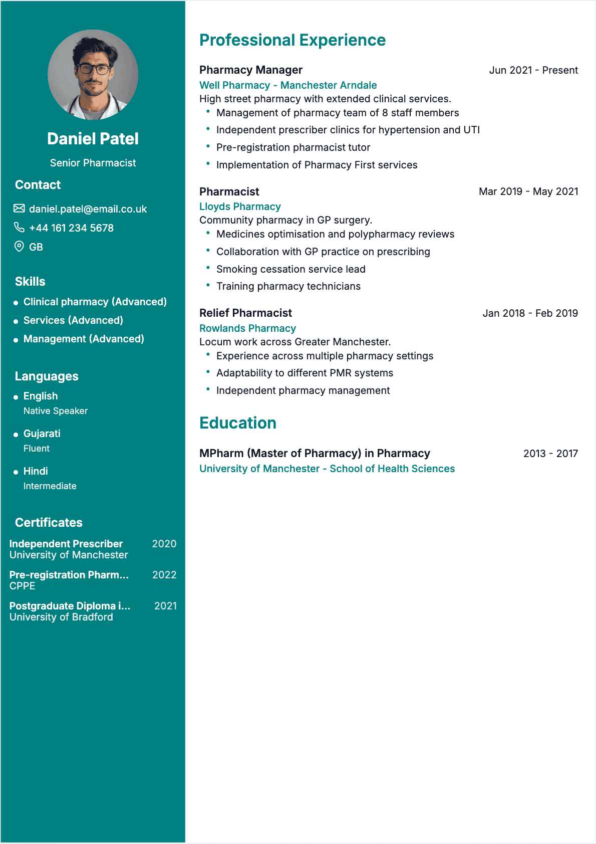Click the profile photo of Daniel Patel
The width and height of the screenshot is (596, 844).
pyautogui.click(x=93, y=75)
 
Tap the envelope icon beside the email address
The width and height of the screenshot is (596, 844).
pyautogui.click(x=19, y=208)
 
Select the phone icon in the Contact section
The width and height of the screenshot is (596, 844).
pyautogui.click(x=19, y=228)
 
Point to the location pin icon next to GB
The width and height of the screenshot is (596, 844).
pyautogui.click(x=19, y=247)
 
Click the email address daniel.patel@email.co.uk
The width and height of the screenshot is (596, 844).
pyautogui.click(x=88, y=209)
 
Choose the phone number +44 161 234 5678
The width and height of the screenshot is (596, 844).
pyautogui.click(x=71, y=228)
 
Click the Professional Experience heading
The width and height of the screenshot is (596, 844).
pyautogui.click(x=292, y=40)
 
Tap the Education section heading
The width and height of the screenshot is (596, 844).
pyautogui.click(x=238, y=423)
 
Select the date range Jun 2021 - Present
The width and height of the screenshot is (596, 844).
pyautogui.click(x=533, y=70)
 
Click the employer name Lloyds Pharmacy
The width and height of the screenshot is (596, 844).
pyautogui.click(x=240, y=206)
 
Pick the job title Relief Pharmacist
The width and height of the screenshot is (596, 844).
pyautogui.click(x=245, y=313)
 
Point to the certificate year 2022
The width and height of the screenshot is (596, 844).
pyautogui.click(x=164, y=575)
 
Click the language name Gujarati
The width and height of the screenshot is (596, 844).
pyautogui.click(x=42, y=434)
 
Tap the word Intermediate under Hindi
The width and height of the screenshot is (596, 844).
pyautogui.click(x=50, y=486)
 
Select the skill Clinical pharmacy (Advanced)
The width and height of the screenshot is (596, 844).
pyautogui.click(x=95, y=302)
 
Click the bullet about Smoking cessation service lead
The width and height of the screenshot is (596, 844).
pyautogui.click(x=291, y=269)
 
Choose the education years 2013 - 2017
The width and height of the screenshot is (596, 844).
pyautogui.click(x=550, y=454)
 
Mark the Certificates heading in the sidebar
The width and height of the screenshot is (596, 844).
pyautogui.click(x=49, y=523)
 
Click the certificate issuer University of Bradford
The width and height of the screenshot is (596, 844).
pyautogui.click(x=61, y=617)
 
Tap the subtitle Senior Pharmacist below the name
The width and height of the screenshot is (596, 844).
pyautogui.click(x=93, y=163)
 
